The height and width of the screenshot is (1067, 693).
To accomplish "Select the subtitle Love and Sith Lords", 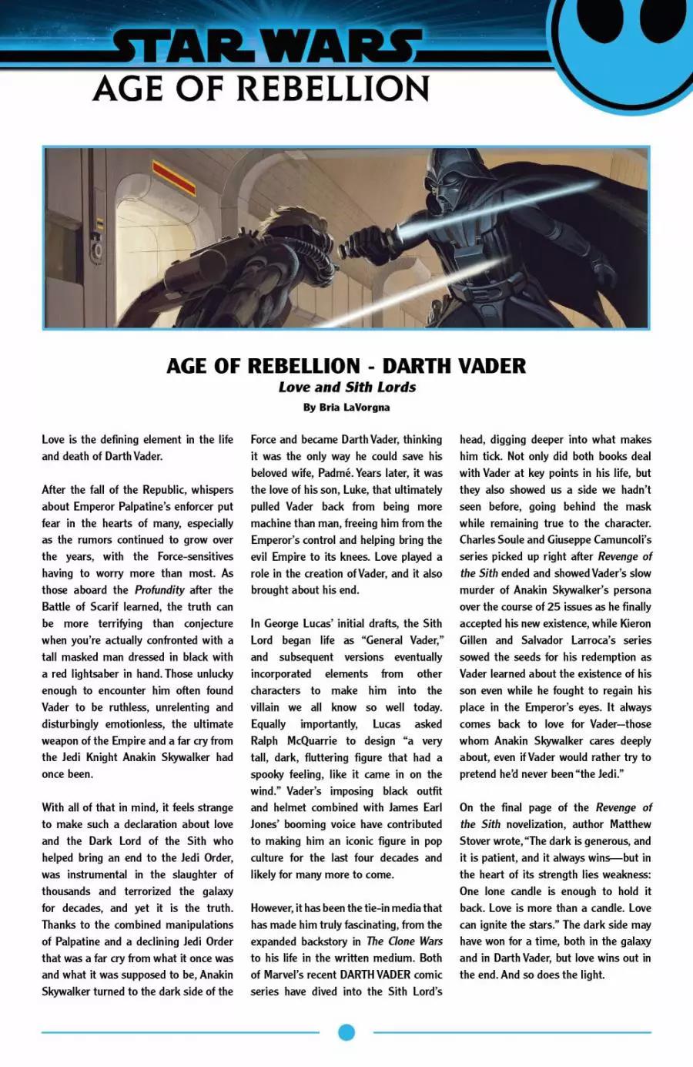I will pos(346,388).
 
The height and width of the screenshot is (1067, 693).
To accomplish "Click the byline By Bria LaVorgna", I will pos(346,407).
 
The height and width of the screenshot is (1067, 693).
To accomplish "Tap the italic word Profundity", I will pos(159,590).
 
